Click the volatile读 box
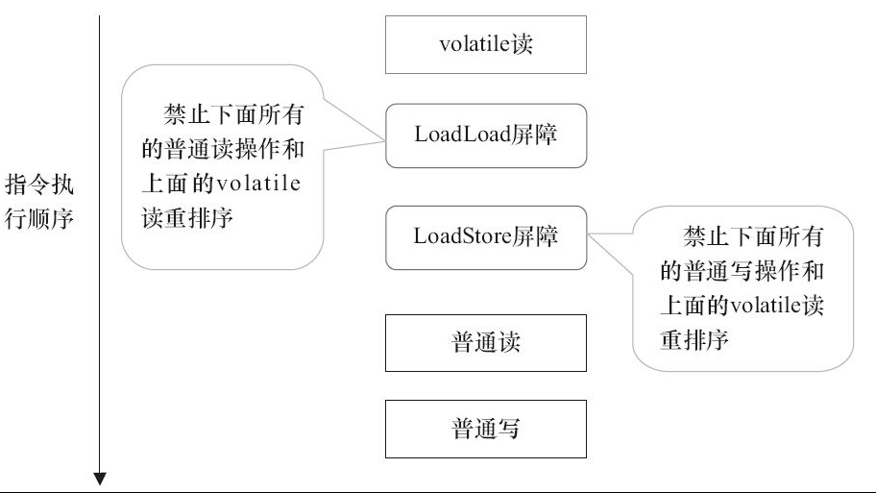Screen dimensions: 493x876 click(485, 44)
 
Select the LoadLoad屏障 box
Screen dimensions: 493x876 click(485, 135)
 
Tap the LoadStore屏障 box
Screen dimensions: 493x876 click(485, 236)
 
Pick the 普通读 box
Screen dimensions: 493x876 click(485, 343)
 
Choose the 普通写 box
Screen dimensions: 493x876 click(485, 429)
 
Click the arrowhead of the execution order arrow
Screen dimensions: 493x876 click(100, 479)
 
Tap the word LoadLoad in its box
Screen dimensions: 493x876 click(455, 135)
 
